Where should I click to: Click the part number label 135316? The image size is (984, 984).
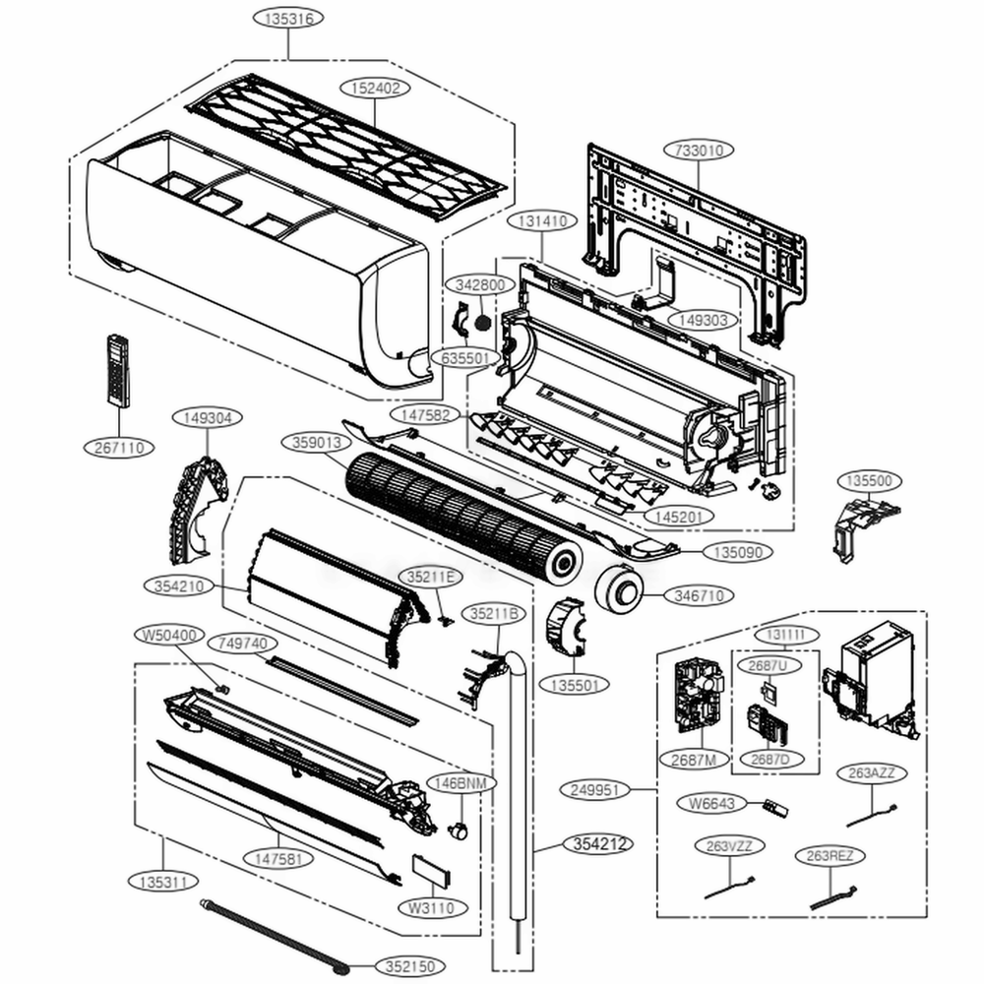click(x=287, y=19)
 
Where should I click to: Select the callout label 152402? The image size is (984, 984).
click(x=375, y=88)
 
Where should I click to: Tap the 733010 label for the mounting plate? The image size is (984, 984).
click(x=700, y=151)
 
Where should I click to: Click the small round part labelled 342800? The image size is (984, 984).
click(x=482, y=321)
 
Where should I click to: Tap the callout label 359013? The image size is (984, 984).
click(x=317, y=443)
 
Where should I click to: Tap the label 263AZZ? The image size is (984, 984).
click(x=871, y=773)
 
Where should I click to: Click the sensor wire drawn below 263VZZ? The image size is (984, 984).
click(x=729, y=887)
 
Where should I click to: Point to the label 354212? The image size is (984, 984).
click(x=597, y=844)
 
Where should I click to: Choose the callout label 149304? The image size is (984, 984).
click(x=208, y=418)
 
